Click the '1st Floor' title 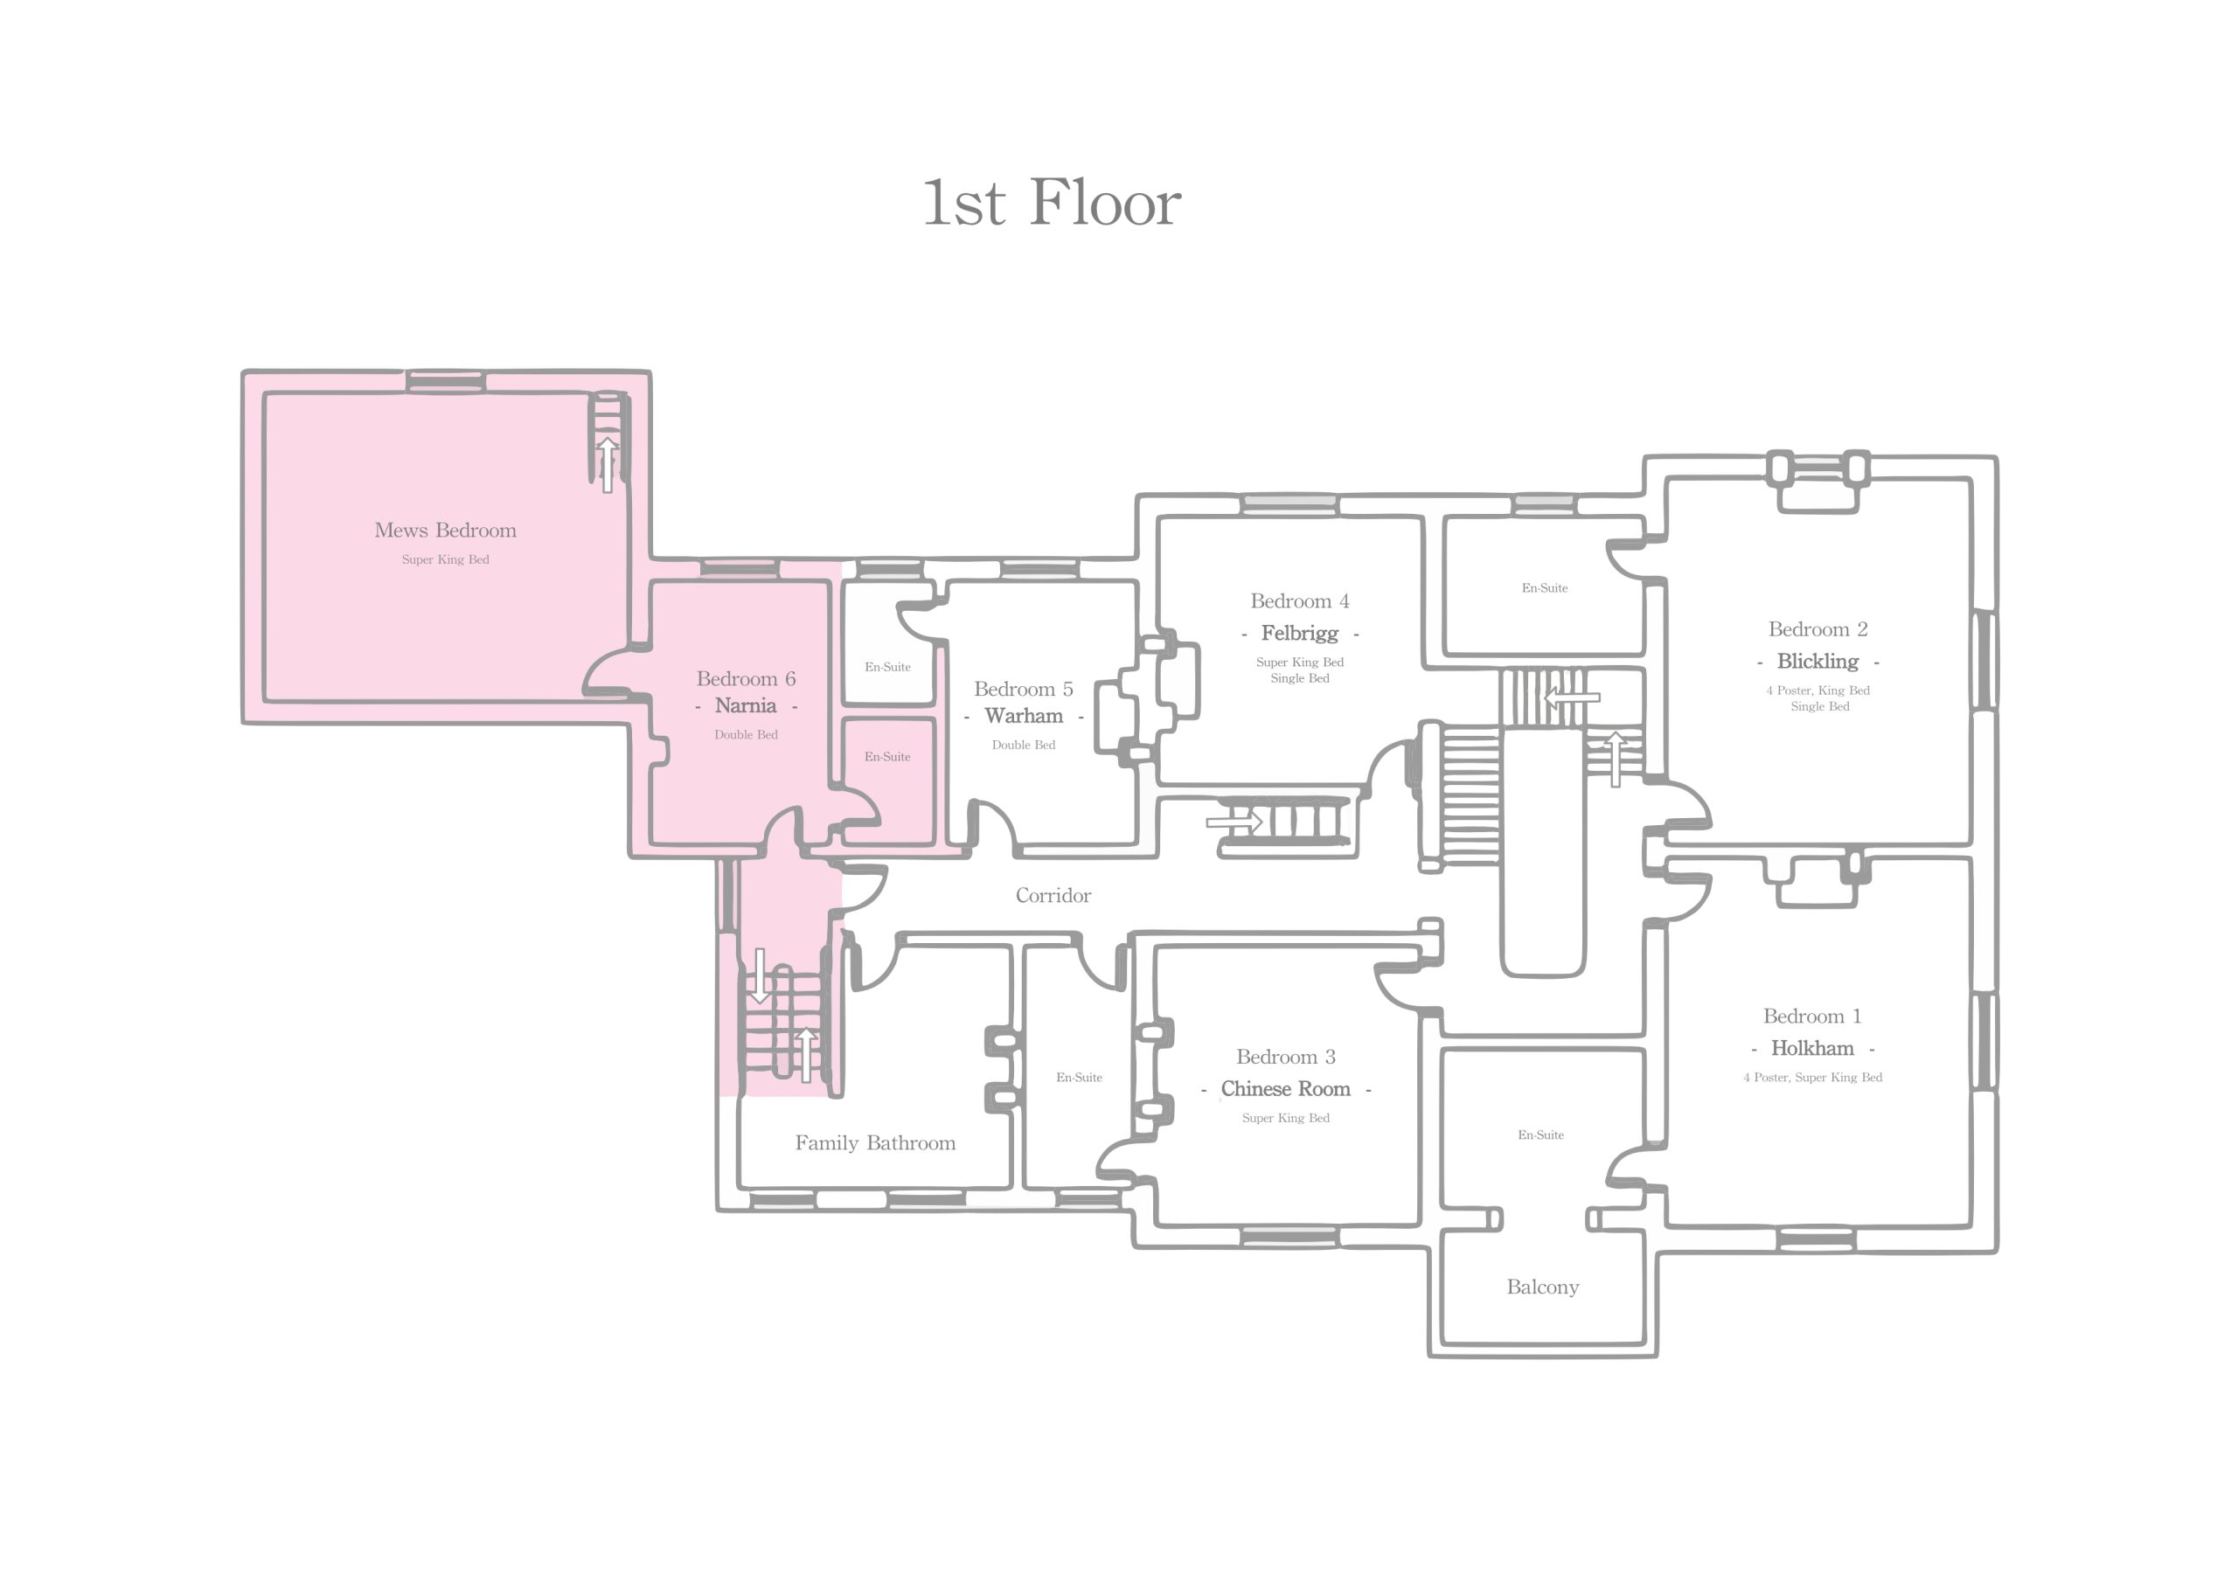pos(1052,203)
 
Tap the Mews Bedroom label pos(446,531)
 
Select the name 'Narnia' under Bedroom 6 pos(746,705)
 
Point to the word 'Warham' pos(1024,716)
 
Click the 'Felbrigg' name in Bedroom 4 pos(1299,634)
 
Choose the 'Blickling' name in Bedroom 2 pos(1818,661)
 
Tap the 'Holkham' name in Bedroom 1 pos(1812,1048)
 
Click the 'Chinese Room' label pos(1286,1089)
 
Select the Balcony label pos(1543,1287)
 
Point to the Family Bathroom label pos(875,1142)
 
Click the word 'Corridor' pos(1053,895)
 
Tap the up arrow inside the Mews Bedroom pos(608,465)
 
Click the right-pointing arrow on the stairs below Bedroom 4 pos(1235,822)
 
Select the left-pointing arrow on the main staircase pos(1571,697)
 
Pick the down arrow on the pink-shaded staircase pos(761,976)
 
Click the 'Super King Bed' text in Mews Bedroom pos(446,559)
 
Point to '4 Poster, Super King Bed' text pos(1812,1077)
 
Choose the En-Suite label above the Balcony pos(1540,1134)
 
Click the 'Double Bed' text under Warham pos(1024,745)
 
